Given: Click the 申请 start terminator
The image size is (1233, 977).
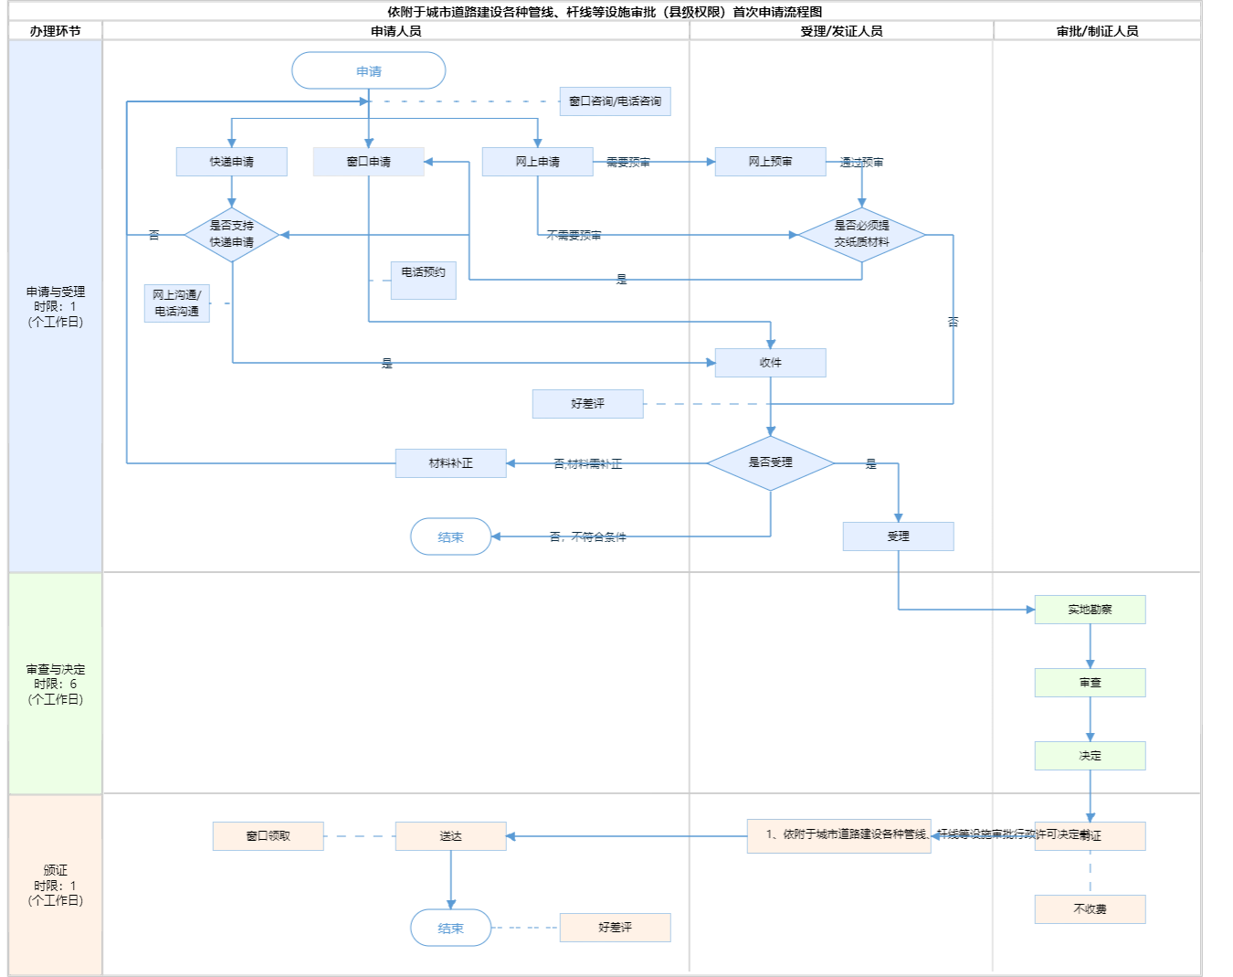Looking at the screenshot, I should click(x=368, y=70).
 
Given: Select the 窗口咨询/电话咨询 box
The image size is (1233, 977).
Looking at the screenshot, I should click(x=615, y=101).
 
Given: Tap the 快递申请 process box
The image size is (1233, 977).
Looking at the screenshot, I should click(x=231, y=162).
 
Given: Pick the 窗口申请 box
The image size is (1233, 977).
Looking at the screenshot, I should click(x=368, y=162).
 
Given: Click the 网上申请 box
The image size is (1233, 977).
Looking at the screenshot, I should click(x=537, y=162).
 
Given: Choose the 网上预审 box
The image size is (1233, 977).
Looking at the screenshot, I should click(x=770, y=162).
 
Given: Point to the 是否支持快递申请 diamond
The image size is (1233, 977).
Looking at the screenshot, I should click(x=231, y=235).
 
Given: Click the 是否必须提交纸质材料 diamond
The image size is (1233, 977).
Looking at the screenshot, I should click(x=861, y=235).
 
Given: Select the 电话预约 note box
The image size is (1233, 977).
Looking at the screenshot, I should click(x=423, y=279).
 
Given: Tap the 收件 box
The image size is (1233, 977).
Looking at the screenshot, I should click(x=770, y=363).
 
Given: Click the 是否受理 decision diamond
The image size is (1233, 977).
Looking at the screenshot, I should click(x=770, y=463).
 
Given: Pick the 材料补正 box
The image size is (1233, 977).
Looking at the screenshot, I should click(x=450, y=463).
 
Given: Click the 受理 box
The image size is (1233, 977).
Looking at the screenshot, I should click(x=898, y=536).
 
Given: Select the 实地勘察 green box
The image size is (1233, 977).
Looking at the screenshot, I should click(x=1090, y=610).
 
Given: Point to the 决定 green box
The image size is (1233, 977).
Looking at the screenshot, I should click(x=1090, y=756).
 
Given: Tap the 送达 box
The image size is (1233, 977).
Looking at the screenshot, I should click(x=450, y=836).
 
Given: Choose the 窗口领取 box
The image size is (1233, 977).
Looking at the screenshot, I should click(x=268, y=836).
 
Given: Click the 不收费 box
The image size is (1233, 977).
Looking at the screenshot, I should click(x=1090, y=909).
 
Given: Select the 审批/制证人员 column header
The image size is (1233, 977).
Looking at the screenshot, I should click(x=1097, y=31).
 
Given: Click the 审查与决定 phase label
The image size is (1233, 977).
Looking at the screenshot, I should click(x=56, y=684).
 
